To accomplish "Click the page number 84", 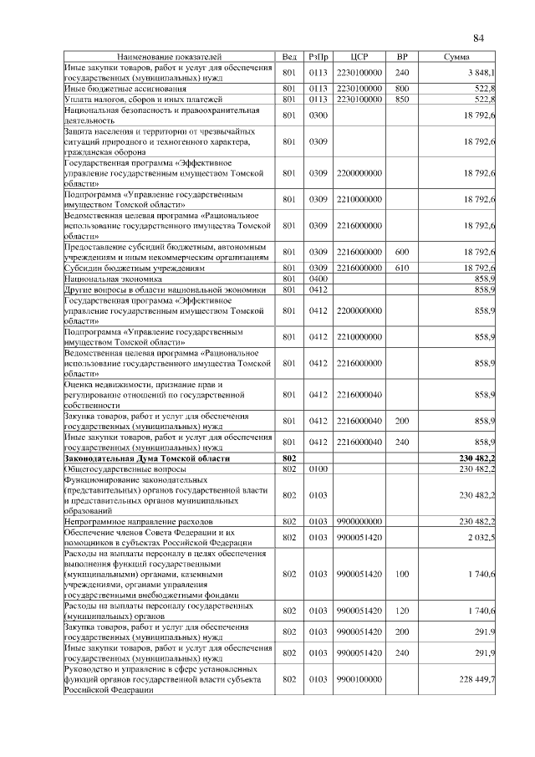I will click(478, 38).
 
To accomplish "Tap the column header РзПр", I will click(318, 56).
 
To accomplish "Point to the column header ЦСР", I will click(359, 56).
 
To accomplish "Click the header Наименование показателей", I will click(169, 56).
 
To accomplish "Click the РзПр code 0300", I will click(318, 115).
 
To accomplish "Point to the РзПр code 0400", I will click(318, 279).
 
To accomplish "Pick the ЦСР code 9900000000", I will click(359, 520).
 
